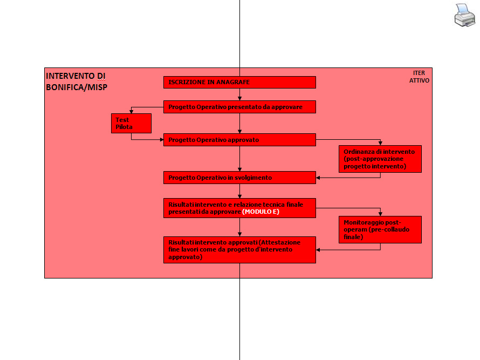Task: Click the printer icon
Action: click(464, 15)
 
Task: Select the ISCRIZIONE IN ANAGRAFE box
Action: click(239, 82)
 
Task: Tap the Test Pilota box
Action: click(131, 123)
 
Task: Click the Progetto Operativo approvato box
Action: click(239, 140)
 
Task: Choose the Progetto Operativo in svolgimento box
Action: click(239, 178)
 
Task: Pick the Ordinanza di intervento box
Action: click(380, 159)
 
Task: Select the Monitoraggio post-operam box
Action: click(380, 229)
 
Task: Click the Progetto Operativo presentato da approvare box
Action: click(239, 107)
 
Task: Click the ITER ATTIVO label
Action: click(419, 77)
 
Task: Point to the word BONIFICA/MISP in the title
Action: click(77, 87)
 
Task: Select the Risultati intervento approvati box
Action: click(239, 250)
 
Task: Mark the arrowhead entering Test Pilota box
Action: click(131, 112)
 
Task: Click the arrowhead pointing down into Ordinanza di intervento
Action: click(380, 144)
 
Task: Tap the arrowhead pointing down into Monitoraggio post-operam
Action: click(380, 214)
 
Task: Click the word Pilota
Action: click(124, 127)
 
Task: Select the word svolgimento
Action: click(253, 178)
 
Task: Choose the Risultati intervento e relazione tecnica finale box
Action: click(239, 208)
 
